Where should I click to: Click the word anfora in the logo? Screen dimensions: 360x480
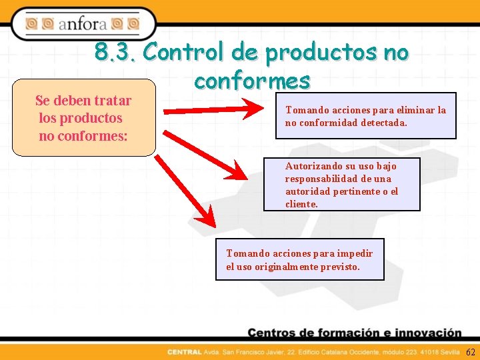coord(83,25)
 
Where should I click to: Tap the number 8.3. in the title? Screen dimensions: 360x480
coord(114,51)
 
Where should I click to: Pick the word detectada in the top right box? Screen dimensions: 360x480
coord(383,123)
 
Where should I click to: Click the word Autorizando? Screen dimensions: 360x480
coord(313,166)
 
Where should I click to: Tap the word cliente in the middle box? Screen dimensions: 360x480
coord(301,204)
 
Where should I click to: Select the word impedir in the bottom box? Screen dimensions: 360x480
coord(355,253)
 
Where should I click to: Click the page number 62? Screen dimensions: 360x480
coord(470,352)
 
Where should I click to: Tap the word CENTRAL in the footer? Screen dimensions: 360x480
coord(185,352)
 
